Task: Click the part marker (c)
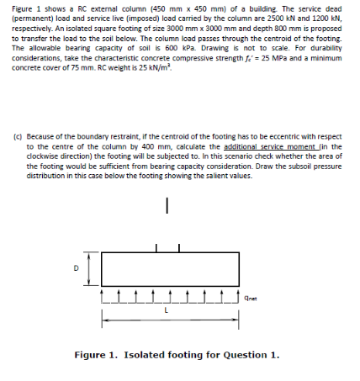(x=17, y=136)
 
